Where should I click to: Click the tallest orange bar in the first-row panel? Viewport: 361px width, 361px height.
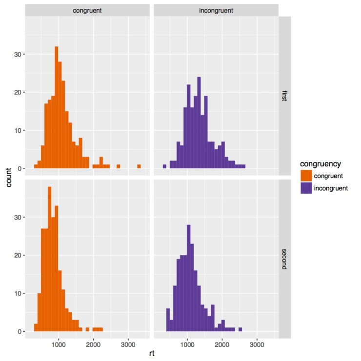57,107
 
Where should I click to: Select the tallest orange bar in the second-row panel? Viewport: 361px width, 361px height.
49,259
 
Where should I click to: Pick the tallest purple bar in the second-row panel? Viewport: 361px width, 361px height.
189,278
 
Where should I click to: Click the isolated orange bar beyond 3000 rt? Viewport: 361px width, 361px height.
139,166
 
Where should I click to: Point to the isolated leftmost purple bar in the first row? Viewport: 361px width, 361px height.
164,166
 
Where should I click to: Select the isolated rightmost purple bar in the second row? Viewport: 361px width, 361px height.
240,329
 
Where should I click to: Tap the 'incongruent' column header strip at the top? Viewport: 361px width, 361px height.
216,10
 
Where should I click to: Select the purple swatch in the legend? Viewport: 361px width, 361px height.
306,188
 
